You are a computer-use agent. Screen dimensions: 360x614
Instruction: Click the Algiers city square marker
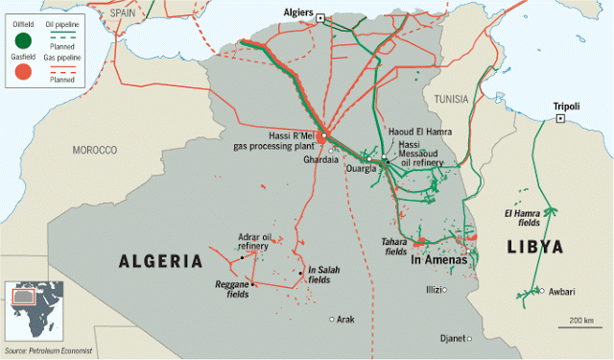(x=321, y=16)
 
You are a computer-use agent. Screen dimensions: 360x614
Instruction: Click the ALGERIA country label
(x=160, y=261)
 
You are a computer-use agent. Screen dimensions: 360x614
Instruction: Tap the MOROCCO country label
(x=94, y=151)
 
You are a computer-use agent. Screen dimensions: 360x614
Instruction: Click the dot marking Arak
(x=332, y=319)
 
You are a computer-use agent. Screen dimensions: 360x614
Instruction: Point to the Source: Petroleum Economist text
(x=52, y=353)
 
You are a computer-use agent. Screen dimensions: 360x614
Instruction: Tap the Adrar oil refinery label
(x=254, y=241)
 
